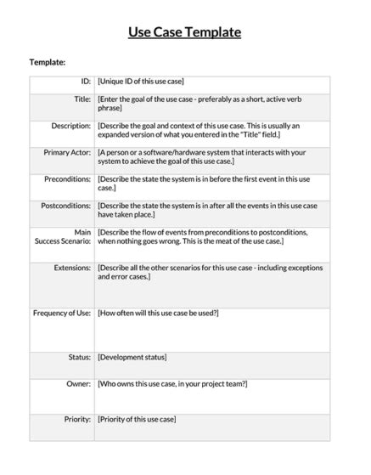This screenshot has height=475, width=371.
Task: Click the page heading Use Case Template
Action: point(184,32)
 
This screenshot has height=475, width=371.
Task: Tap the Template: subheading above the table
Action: point(48,62)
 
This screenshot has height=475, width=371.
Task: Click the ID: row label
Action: point(84,82)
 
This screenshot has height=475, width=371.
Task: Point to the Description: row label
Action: point(70,126)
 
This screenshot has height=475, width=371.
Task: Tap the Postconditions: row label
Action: point(65,206)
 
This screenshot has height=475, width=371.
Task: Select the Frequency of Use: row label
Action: point(61,313)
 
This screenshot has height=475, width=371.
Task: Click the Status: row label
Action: point(79,358)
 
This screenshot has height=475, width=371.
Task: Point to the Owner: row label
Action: point(78,384)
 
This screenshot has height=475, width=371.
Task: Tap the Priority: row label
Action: point(77,420)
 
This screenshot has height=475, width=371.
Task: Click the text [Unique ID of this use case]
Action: point(141,82)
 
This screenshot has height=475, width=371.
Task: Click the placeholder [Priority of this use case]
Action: point(138,420)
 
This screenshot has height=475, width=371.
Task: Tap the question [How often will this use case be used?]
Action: point(159,313)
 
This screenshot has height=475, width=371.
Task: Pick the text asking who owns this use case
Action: point(172,384)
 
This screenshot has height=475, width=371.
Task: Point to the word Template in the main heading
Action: point(210,32)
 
